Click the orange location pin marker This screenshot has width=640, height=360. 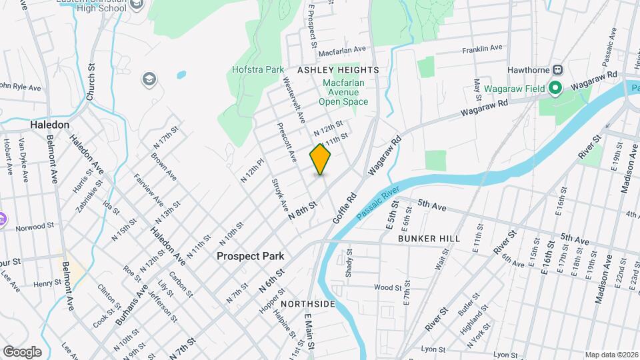321,159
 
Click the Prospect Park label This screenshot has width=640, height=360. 250,256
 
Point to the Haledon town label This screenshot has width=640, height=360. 49,125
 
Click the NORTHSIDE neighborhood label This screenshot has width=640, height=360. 307,304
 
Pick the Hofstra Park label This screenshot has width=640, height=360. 258,69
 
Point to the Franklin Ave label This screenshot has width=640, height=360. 482,48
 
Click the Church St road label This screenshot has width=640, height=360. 91,82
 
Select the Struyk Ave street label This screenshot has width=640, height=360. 279,194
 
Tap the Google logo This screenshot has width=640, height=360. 22,351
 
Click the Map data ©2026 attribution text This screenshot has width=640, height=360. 611,355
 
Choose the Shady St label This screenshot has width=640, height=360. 348,263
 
